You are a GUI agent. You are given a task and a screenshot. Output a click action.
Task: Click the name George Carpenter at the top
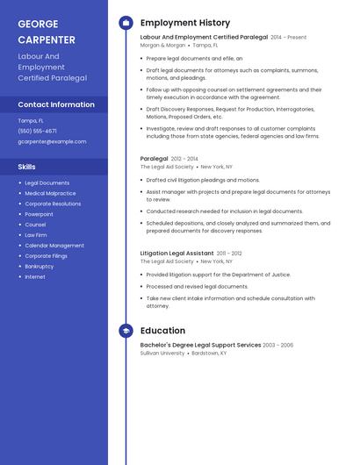click(47, 32)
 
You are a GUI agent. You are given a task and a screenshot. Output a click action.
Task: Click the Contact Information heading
click(56, 104)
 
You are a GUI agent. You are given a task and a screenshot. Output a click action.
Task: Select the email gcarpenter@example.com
click(52, 141)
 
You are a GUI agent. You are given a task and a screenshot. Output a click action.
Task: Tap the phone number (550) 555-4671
click(38, 131)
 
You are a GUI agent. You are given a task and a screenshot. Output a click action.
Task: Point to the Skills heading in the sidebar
click(27, 166)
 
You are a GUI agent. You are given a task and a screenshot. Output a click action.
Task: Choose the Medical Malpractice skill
click(50, 193)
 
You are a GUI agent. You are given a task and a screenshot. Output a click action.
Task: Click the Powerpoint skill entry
click(40, 214)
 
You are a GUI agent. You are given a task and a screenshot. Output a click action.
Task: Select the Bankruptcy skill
click(40, 266)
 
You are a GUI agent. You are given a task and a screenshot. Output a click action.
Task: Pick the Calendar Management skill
click(54, 246)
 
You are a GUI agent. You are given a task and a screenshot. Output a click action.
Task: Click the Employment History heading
click(184, 22)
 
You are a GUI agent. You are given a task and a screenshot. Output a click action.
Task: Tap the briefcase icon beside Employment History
click(126, 22)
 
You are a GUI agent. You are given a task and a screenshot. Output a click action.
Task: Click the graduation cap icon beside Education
click(126, 331)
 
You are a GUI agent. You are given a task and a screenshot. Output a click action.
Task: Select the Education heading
click(162, 331)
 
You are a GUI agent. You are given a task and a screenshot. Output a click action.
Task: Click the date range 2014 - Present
click(289, 38)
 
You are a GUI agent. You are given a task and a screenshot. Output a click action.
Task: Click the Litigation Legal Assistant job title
click(176, 254)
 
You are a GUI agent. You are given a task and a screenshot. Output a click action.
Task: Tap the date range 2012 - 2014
click(184, 159)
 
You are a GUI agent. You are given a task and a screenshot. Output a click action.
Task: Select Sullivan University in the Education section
click(162, 353)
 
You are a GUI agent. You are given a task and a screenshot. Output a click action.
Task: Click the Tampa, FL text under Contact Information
click(31, 120)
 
